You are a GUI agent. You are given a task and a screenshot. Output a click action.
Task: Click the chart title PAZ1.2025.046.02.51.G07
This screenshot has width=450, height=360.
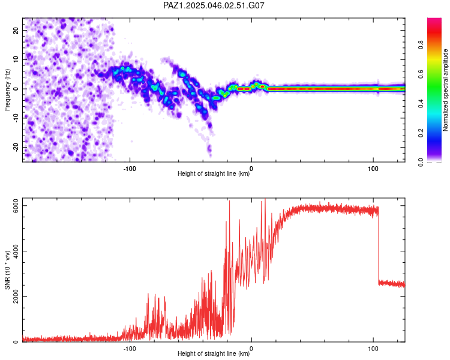pos(214,5)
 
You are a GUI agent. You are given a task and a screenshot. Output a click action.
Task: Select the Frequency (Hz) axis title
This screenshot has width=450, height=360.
pos(7,90)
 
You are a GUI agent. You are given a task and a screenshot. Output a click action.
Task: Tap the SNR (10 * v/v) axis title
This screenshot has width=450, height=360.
pos(7,270)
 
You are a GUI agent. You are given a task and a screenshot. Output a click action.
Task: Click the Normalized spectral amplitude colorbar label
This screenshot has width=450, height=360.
pos(445,90)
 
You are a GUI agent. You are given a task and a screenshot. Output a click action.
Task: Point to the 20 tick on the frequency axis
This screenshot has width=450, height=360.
pos(16,30)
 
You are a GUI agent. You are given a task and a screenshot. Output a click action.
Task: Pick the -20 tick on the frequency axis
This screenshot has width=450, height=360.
pos(16,148)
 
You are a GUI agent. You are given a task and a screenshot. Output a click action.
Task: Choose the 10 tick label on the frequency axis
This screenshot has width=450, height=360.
pos(16,59)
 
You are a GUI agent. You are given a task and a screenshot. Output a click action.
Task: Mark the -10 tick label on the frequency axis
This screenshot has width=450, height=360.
pos(16,118)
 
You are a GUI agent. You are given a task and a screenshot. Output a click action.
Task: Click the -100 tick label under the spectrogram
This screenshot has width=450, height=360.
pos(130,169)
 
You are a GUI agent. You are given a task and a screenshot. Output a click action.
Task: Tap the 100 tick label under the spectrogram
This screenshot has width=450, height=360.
pos(373,169)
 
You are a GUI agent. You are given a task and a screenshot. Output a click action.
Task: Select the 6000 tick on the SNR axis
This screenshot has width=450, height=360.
pos(16,206)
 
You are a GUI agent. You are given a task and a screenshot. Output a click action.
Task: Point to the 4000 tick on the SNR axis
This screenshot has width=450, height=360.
pos(16,251)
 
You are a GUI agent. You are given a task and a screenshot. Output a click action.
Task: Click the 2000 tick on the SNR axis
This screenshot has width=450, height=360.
pos(16,296)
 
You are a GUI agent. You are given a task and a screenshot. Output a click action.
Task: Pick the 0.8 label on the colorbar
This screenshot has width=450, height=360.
pos(421,45)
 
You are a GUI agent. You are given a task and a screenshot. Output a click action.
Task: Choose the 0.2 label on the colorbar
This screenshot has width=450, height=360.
pos(421,133)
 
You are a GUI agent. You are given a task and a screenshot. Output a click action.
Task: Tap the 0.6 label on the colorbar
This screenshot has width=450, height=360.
pos(421,74)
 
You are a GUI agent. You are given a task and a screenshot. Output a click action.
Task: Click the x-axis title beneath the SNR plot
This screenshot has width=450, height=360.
pos(214,353)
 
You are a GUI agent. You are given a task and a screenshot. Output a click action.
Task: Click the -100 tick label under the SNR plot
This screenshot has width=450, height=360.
pos(130,349)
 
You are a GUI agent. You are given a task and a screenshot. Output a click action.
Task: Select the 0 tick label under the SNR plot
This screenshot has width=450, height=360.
pos(251,349)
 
